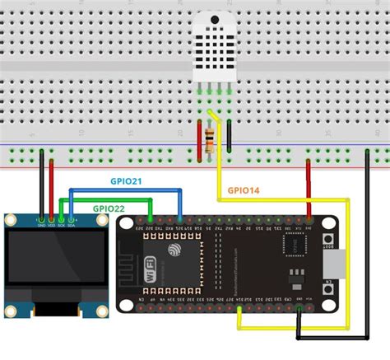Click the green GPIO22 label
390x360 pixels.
pos(109,208)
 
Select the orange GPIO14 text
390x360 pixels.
pos(244,190)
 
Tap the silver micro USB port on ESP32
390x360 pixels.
pos(332,264)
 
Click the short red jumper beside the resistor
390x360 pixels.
pos(199,138)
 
